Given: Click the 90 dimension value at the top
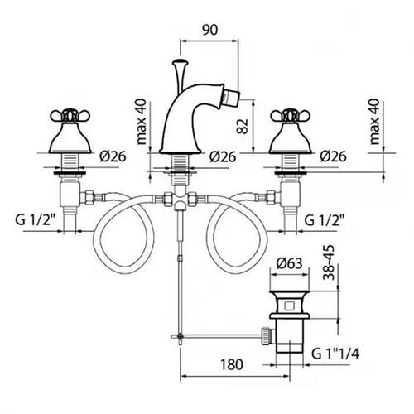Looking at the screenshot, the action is tap(210, 30).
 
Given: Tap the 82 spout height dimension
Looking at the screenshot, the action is tap(243, 127).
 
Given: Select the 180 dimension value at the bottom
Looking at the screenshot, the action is tap(232, 364).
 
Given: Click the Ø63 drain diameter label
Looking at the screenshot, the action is tap(289, 263).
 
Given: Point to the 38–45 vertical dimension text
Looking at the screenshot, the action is tap(329, 262).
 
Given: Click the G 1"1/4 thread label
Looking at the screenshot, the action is tap(335, 354).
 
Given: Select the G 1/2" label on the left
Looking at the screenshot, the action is tap(36, 220).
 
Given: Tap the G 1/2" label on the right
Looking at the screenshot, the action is tap(325, 220).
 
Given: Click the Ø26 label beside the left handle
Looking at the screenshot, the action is tap(113, 156).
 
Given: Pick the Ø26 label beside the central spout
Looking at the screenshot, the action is tap(223, 156).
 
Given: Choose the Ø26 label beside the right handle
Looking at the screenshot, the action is tap(333, 156).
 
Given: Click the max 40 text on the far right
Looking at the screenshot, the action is tap(374, 122).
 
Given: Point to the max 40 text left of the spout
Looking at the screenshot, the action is tap(142, 122).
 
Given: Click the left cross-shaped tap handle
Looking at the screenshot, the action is tap(70, 116).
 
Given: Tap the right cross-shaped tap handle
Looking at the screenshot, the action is tap(291, 116).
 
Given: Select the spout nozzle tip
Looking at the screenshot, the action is tap(231, 97).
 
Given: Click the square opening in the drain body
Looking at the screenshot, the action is tap(289, 306).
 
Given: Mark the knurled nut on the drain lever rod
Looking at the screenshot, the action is tap(265, 335).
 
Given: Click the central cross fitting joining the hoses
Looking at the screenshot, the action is tap(180, 199).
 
